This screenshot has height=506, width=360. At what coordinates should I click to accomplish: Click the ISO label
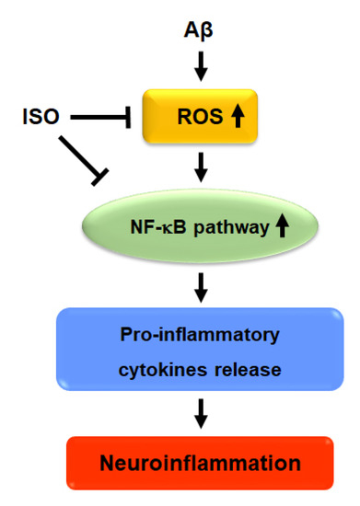(x=40, y=118)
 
